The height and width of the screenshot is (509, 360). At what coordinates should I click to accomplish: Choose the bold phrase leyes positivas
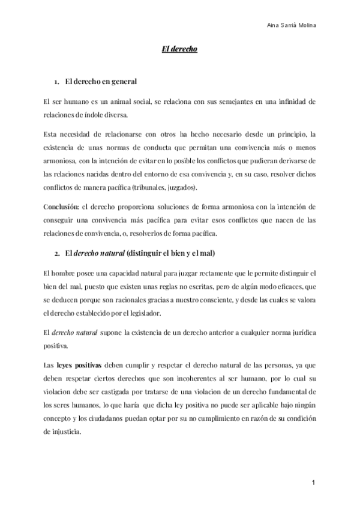[80, 364]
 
